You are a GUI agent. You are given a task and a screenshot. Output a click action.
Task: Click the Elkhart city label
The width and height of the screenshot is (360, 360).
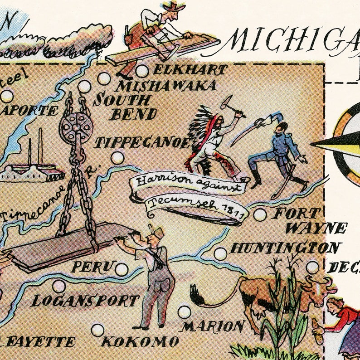coord(190,70)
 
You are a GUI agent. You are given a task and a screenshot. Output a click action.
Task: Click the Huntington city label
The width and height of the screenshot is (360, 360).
coord(285,248)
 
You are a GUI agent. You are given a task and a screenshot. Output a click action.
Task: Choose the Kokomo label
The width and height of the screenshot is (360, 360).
coord(140,341)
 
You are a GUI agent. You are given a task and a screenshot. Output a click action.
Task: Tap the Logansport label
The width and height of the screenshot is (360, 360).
coord(85,301)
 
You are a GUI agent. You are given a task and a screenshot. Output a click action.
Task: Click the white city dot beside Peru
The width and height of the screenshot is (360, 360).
coord(121,269)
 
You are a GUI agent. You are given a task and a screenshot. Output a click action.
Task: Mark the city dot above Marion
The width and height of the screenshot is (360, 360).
coord(184,312)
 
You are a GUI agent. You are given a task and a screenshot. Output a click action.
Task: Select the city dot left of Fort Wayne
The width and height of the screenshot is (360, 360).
coord(260,214)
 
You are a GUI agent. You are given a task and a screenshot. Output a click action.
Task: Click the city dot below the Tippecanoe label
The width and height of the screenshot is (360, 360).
coord(117,158)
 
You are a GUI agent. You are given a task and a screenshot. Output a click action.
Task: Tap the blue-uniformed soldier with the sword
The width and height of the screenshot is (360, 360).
coord(277,152)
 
